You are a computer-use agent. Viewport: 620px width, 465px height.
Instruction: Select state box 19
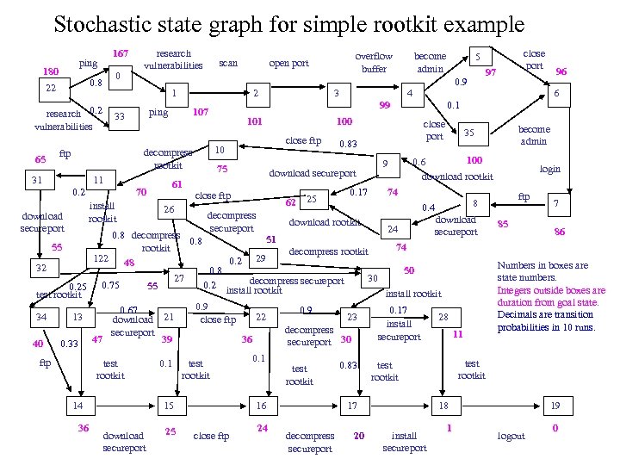click(x=556, y=406)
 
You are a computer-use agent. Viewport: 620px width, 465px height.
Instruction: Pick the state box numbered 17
click(x=351, y=406)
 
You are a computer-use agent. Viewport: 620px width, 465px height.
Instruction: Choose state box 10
click(x=220, y=150)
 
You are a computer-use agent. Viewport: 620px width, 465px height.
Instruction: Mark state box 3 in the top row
click(x=338, y=92)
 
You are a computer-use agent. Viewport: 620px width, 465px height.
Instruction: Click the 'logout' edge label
click(x=512, y=436)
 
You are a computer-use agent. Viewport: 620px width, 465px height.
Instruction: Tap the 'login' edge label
click(x=549, y=170)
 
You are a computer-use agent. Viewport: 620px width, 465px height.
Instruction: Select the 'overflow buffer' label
click(x=374, y=62)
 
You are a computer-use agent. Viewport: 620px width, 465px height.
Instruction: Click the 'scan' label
click(x=228, y=63)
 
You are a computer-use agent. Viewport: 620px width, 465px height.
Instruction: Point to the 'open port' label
click(x=288, y=63)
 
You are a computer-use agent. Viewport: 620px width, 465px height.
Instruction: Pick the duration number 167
click(x=121, y=53)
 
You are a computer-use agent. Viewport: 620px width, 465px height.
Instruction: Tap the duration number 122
click(x=102, y=258)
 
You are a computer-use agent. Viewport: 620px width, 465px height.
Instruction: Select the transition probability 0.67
click(x=129, y=310)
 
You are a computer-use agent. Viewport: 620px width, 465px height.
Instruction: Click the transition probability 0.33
click(x=71, y=344)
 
